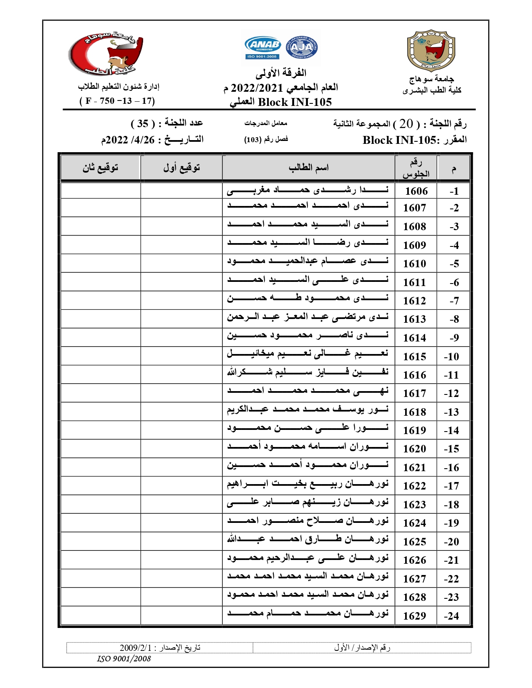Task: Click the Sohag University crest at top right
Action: (x=431, y=50)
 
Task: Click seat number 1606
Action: (x=416, y=191)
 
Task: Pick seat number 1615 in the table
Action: (x=414, y=357)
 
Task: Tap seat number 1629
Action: (x=414, y=616)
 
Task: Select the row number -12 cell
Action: (x=451, y=393)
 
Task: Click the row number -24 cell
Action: (x=451, y=616)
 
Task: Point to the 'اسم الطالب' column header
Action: (x=309, y=168)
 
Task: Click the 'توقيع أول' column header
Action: (x=182, y=168)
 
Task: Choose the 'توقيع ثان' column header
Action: (x=100, y=168)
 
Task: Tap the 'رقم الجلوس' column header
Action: (x=416, y=168)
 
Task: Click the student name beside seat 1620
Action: (x=308, y=447)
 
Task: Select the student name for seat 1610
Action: (x=308, y=261)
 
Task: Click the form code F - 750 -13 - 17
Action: (x=117, y=101)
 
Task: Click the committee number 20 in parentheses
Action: (x=406, y=124)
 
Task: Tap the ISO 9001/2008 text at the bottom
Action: (x=124, y=659)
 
